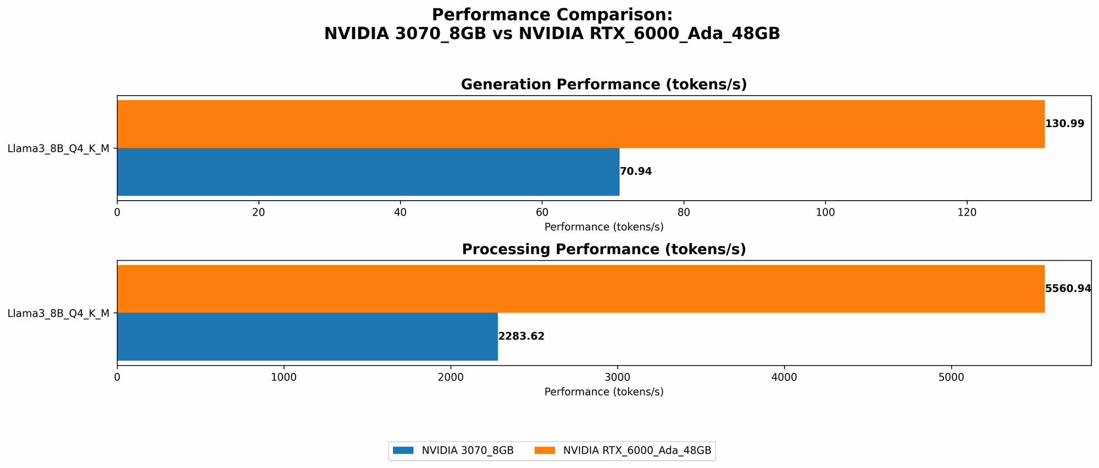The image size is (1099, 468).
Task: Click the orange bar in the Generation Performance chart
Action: click(x=580, y=124)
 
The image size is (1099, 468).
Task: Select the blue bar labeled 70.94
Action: click(x=368, y=172)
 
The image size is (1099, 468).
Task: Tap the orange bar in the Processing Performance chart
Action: click(x=580, y=289)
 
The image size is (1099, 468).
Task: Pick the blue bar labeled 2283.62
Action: click(x=307, y=337)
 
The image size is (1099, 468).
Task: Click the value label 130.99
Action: click(x=1064, y=124)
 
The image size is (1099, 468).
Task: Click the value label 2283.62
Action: click(x=521, y=337)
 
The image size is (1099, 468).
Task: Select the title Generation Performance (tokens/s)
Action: click(x=603, y=85)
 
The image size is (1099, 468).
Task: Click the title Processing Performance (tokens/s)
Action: click(x=603, y=250)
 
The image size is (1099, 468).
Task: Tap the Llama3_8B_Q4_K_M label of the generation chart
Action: click(x=58, y=148)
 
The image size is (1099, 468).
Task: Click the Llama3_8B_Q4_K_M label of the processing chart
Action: click(x=58, y=313)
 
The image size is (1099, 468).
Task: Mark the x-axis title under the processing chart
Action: click(x=603, y=392)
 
